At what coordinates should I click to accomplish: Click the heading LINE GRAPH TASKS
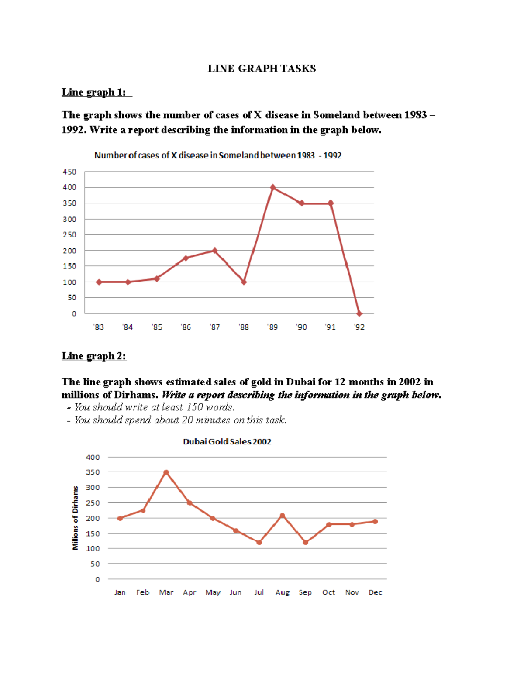pos(262,69)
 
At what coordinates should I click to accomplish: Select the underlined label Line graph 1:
pos(94,92)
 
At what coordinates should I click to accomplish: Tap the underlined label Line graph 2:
pos(94,356)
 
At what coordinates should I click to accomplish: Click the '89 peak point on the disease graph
pos(273,187)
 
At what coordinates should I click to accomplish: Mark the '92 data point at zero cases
pos(359,313)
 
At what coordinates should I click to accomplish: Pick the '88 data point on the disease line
pos(244,282)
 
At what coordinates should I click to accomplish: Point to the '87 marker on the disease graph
pos(214,251)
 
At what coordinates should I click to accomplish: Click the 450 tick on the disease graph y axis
pos(69,172)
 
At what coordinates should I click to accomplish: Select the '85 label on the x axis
pos(157,327)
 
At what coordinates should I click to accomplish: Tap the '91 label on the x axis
pos(330,327)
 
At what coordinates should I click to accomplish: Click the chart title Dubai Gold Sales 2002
pos(227,441)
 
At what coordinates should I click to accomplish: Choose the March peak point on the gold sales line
pos(166,472)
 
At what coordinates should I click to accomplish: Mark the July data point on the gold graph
pos(259,542)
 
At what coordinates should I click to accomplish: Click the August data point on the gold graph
pos(282,516)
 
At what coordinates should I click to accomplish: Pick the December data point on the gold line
pos(375,521)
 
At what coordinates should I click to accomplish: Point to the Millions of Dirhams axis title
pos(75,518)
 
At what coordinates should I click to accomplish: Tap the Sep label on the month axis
pos(305,592)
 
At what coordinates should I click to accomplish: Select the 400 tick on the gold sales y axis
pos(93,457)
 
